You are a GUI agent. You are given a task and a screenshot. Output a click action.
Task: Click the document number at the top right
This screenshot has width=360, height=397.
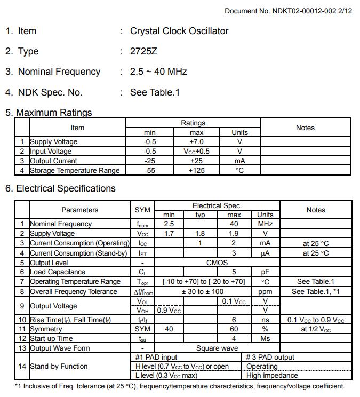pyautogui.click(x=288, y=11)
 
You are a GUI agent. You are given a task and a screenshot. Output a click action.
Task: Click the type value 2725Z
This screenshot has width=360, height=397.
pyautogui.click(x=143, y=51)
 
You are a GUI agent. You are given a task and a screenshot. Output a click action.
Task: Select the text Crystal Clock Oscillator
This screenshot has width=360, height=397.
pyautogui.click(x=179, y=31)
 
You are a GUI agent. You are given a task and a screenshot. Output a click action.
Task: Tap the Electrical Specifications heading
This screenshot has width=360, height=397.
pyautogui.click(x=65, y=188)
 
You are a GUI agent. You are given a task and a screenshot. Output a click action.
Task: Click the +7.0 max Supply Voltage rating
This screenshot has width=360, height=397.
pyautogui.click(x=197, y=142)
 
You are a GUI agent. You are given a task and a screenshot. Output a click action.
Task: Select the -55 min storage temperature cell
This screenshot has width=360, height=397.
pyautogui.click(x=149, y=171)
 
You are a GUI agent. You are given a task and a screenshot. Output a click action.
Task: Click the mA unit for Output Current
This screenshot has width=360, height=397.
pyautogui.click(x=239, y=161)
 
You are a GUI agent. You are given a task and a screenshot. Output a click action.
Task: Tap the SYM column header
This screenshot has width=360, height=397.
pyautogui.click(x=142, y=210)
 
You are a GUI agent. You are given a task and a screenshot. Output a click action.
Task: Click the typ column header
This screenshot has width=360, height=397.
pyautogui.click(x=201, y=215)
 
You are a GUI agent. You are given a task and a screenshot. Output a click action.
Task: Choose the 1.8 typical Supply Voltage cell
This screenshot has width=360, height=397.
pyautogui.click(x=201, y=234)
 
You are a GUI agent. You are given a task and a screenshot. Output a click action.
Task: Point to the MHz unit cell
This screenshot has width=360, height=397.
pyautogui.click(x=265, y=224)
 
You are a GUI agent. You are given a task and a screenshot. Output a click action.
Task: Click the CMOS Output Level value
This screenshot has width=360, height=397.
pyautogui.click(x=217, y=263)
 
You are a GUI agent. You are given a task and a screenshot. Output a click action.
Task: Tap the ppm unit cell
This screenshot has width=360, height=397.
pyautogui.click(x=265, y=292)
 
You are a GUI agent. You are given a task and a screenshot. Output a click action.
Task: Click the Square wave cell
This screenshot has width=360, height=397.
pyautogui.click(x=217, y=348)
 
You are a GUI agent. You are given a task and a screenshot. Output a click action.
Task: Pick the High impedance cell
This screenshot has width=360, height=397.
pyautogui.click(x=269, y=375)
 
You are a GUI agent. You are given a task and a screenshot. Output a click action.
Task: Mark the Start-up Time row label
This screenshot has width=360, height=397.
pyautogui.click(x=51, y=339)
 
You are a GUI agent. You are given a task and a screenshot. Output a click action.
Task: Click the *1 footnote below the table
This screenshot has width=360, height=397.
pyautogui.click(x=179, y=386)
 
